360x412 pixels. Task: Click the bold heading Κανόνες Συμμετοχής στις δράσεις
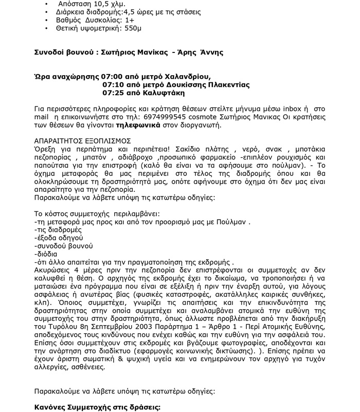pyautogui.click(x=98, y=407)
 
